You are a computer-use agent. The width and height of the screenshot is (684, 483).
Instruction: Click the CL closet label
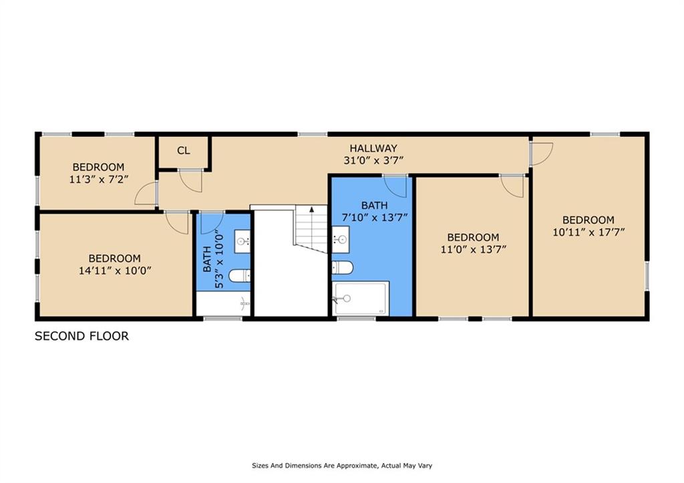click(x=184, y=150)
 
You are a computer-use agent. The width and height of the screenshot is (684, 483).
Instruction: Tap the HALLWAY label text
click(x=373, y=148)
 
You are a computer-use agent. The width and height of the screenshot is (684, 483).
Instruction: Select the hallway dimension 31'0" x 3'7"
click(x=373, y=160)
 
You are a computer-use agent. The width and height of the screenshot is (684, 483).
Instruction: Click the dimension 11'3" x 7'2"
click(x=99, y=179)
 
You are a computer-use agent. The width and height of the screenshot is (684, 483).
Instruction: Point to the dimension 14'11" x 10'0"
click(x=115, y=271)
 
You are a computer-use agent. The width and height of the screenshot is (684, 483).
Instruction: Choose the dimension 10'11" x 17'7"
click(x=588, y=232)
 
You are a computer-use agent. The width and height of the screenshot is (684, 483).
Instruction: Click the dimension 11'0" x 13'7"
click(x=474, y=250)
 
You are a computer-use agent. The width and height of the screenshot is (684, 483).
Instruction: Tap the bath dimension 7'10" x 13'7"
click(x=374, y=217)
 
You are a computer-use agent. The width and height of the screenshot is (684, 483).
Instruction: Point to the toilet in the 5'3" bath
click(x=240, y=276)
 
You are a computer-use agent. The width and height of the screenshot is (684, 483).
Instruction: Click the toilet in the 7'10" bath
click(x=343, y=267)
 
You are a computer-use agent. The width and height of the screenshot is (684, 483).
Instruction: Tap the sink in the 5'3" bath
click(x=242, y=240)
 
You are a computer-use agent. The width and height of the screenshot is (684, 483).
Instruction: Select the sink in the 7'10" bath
click(x=340, y=239)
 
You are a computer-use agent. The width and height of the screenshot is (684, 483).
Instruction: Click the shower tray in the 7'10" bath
click(x=360, y=299)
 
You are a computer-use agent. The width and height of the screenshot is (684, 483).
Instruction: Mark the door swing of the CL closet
click(x=191, y=180)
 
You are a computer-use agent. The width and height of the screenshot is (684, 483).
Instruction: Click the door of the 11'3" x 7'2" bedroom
click(x=146, y=193)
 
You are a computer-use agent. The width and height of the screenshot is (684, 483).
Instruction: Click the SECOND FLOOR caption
click(x=81, y=336)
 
